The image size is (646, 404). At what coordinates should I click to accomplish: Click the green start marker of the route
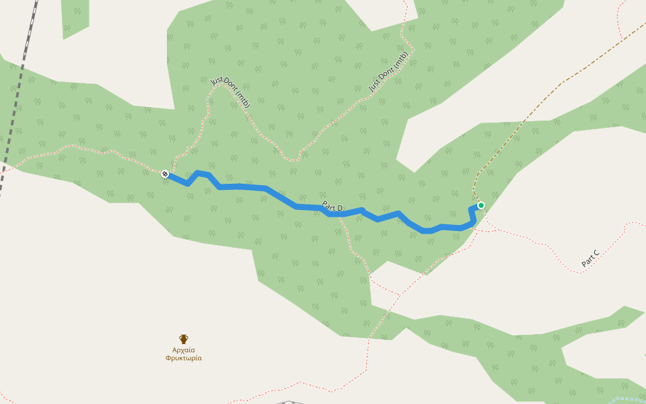480,205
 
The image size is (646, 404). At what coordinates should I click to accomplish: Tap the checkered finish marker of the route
165,174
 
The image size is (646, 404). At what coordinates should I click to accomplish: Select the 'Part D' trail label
332,207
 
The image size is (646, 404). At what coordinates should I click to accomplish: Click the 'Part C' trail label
590,259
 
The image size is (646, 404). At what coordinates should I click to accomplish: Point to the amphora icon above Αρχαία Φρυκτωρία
184,339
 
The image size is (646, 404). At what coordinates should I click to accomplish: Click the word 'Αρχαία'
184,350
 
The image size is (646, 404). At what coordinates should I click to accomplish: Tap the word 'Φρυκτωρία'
184,358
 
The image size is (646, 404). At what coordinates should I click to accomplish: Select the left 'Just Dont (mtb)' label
231,92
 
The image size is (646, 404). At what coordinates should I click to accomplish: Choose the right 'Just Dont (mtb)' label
388,72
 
